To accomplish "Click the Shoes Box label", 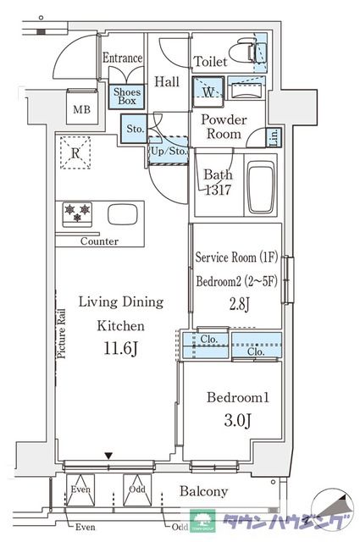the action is click(127, 97).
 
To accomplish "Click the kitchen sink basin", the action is click(123, 214).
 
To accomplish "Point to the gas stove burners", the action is click(77, 213).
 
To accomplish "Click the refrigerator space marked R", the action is click(75, 152).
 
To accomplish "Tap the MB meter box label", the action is click(81, 110).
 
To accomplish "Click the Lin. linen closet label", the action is click(274, 137).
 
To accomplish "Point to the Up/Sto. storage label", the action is click(169, 151).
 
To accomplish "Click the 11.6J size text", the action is click(121, 349).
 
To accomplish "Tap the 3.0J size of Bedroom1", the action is click(237, 420).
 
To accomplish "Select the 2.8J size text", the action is click(240, 305).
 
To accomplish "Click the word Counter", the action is click(99, 241).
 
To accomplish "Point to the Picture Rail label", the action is click(61, 333).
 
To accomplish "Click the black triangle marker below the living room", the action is click(109, 456).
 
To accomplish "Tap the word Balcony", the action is click(203, 491).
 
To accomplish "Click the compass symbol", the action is click(332, 508).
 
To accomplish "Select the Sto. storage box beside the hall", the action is click(134, 129).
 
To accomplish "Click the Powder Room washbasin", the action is click(246, 91).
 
